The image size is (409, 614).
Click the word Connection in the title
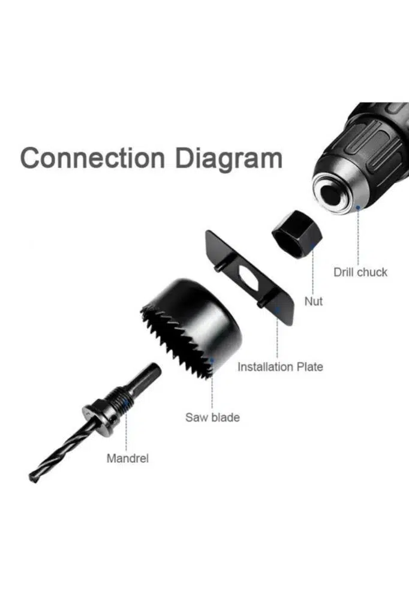coord(92,158)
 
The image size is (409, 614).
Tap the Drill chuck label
coord(360,272)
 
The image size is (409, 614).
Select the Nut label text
coord(314,301)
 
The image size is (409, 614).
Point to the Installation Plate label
coord(280,367)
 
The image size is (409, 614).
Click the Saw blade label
coord(212,417)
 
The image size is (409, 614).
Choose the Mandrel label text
coord(127,458)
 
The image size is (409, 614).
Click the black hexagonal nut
coord(297,234)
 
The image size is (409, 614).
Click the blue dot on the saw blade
coord(212,359)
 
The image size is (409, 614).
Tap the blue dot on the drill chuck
coord(357,207)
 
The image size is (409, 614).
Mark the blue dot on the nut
coord(313,246)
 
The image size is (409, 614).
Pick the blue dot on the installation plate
coord(278,309)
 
